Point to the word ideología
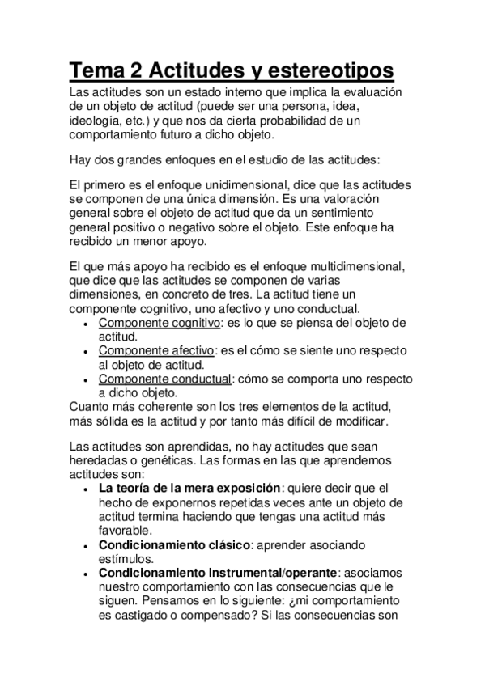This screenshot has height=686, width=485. (95, 120)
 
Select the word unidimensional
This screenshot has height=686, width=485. (243, 184)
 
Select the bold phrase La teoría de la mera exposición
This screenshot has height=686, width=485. (189, 488)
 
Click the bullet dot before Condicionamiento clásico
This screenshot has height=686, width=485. (87, 546)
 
